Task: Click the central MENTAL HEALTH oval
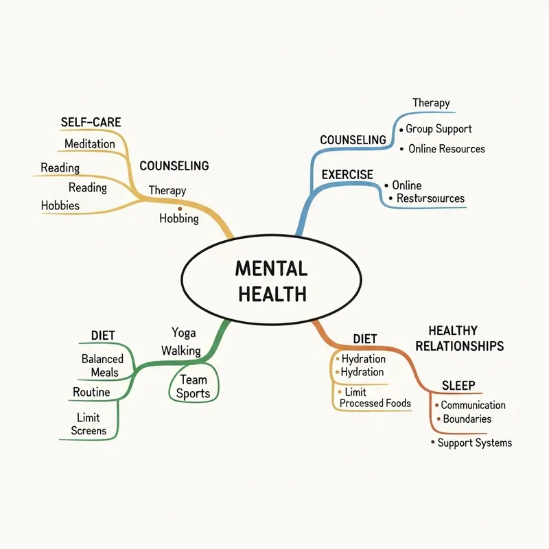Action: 271,281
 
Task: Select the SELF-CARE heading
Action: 91,122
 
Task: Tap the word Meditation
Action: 90,143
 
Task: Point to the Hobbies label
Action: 60,205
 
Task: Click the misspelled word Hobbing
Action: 178,219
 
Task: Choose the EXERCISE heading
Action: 347,174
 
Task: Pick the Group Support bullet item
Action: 439,128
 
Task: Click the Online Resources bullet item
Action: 446,149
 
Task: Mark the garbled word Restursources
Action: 430,198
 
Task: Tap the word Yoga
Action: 183,333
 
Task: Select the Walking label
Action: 181,351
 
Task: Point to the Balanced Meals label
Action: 102,366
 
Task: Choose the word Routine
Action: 91,393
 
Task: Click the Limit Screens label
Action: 89,424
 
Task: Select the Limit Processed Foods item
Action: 375,397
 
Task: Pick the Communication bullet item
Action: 473,406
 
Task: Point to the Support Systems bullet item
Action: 474,443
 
